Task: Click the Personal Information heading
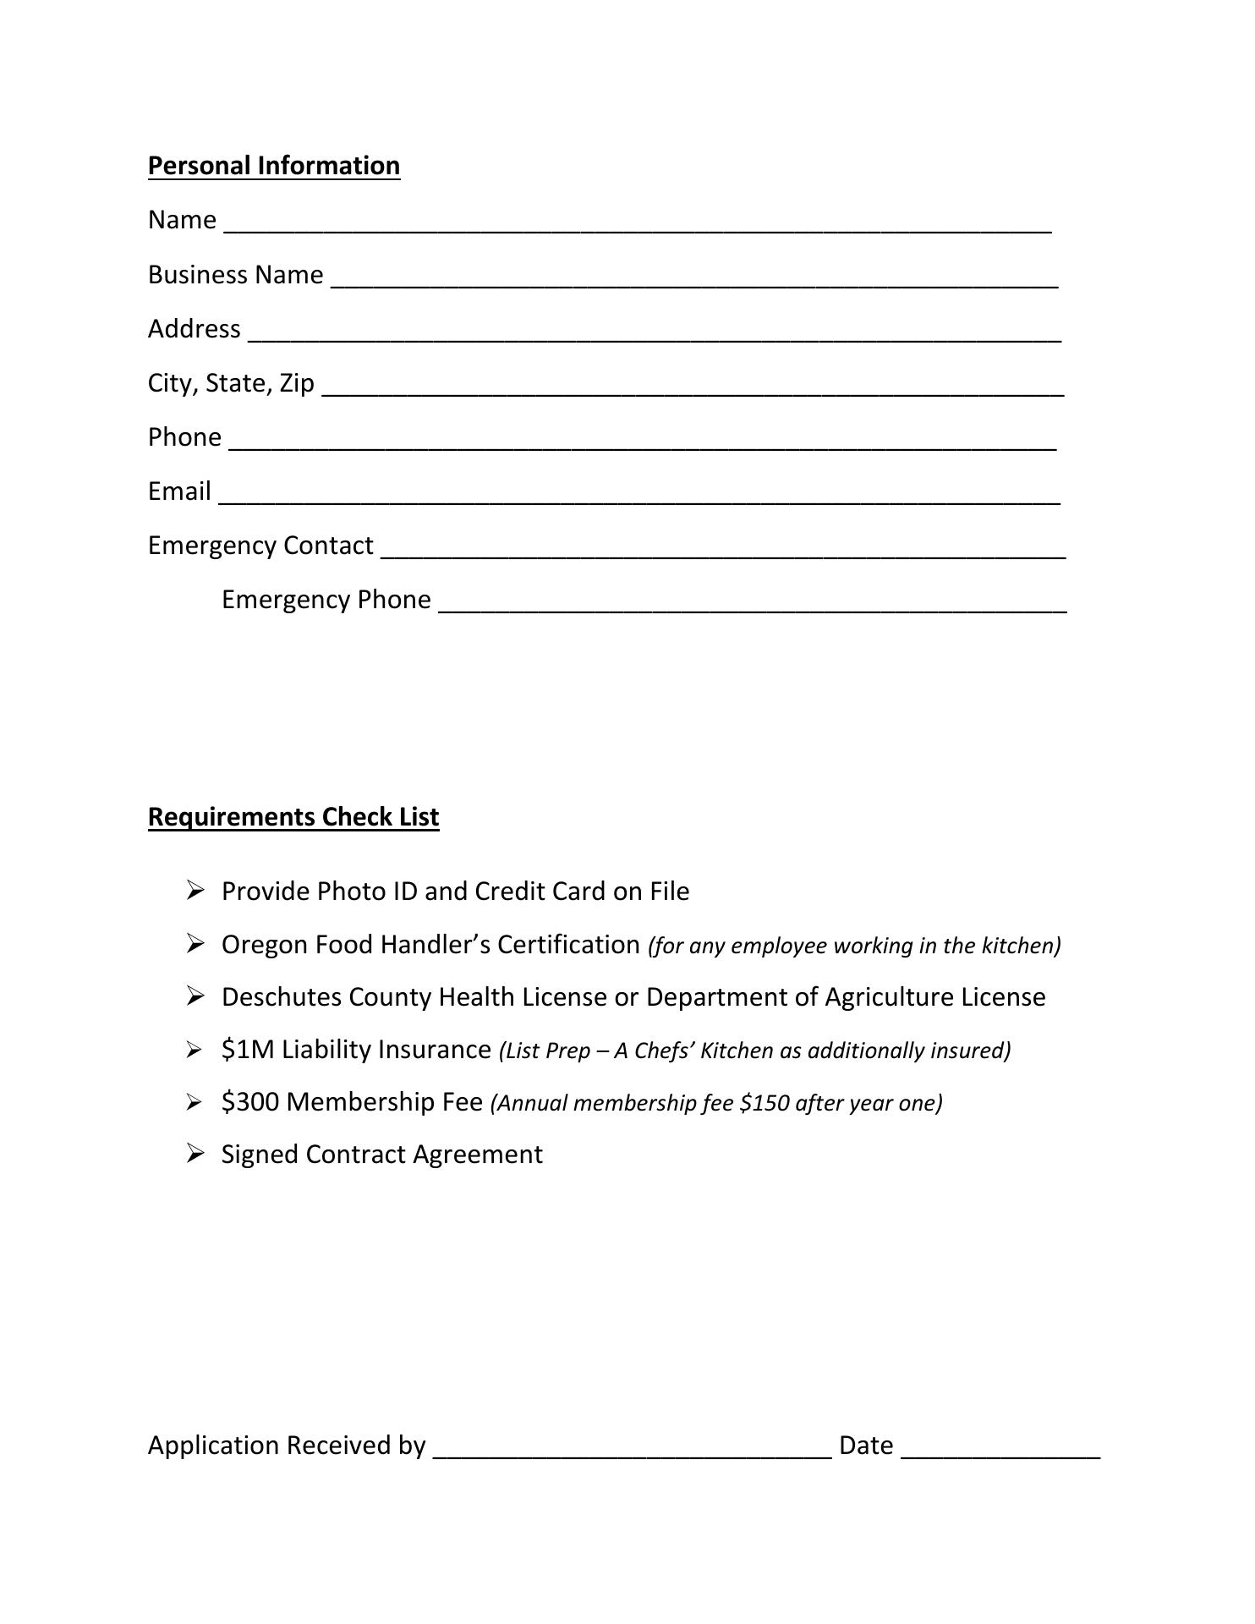pos(273,165)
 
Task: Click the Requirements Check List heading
pos(293,816)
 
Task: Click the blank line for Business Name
pos(693,282)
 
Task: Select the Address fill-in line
pos(654,336)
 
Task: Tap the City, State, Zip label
pos(230,383)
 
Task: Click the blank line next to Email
pos(638,498)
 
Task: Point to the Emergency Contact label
pos(260,546)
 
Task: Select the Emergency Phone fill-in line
pos(752,606)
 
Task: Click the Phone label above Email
pos(184,437)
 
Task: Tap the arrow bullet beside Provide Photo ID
pos(195,890)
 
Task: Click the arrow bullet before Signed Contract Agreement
pos(195,1153)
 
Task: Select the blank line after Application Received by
pos(632,1452)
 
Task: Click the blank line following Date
pos(1000,1452)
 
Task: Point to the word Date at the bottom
pos(865,1446)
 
